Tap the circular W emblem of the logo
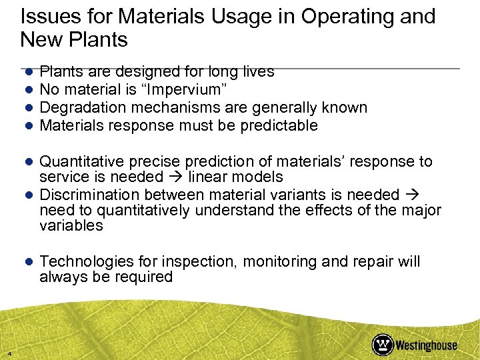[383, 344]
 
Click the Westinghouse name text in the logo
[426, 345]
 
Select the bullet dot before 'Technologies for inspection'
[30, 262]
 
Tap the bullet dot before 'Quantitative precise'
[30, 162]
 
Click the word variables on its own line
[71, 225]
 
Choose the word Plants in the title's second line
[101, 39]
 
